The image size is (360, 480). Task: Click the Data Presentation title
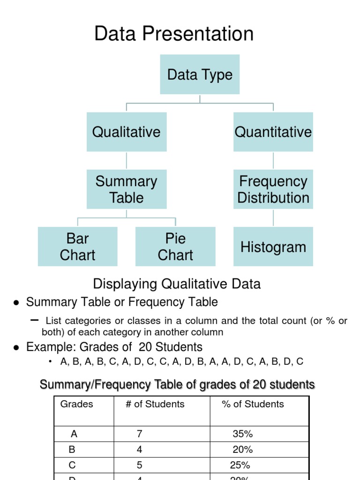coord(174,34)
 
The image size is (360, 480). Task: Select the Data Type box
coord(200,75)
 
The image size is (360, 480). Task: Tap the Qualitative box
coord(127,132)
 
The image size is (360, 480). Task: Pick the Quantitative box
coord(273,132)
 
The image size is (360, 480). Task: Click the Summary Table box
coord(127,189)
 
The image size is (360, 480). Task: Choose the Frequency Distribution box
coord(273,189)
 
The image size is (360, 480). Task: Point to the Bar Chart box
coord(78,247)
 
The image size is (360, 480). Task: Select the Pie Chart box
coord(175,247)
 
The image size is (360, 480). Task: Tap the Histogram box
coord(273,247)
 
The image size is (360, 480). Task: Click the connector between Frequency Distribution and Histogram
coord(273,218)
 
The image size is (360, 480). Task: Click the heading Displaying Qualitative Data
coord(177,284)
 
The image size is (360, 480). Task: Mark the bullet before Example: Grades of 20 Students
coord(16,348)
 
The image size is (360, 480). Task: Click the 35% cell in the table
coord(242,434)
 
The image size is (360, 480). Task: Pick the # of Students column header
coord(155,404)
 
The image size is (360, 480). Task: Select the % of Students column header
coord(253,404)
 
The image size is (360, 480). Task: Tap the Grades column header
coord(77,404)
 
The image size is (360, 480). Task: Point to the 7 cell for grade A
coord(139,434)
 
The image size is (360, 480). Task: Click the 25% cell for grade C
coord(240,465)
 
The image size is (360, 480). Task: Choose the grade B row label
coord(72,450)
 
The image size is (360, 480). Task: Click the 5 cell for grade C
coord(139,465)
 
